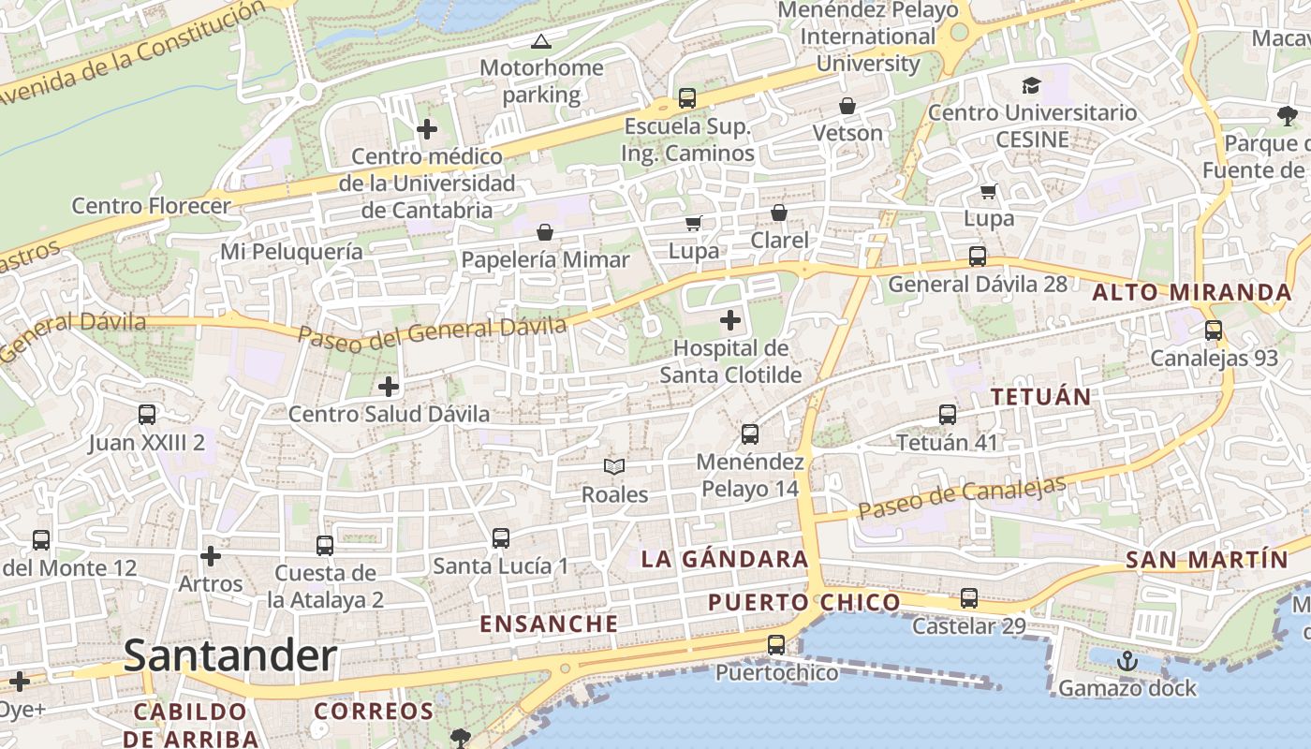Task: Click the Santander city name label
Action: (229, 655)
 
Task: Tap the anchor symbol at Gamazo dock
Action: (1127, 661)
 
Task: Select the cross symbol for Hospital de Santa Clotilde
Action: (730, 321)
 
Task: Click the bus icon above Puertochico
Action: (776, 644)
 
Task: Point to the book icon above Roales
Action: (614, 466)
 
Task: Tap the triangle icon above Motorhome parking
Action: (540, 41)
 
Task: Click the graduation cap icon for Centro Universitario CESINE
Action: (1031, 85)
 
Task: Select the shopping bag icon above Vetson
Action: (847, 106)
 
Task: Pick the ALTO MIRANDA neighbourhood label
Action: (1192, 292)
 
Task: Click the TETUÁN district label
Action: (1041, 397)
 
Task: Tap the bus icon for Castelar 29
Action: (969, 597)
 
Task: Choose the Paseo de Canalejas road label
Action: (962, 498)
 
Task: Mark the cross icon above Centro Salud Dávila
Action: (389, 386)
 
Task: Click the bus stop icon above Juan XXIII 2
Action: (146, 414)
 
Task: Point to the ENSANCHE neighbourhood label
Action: (549, 624)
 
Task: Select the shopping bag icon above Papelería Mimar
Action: (545, 231)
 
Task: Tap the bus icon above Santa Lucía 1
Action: (501, 537)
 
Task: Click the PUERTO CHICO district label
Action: (804, 602)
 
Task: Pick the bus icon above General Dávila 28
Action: (978, 256)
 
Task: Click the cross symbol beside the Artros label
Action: (211, 557)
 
